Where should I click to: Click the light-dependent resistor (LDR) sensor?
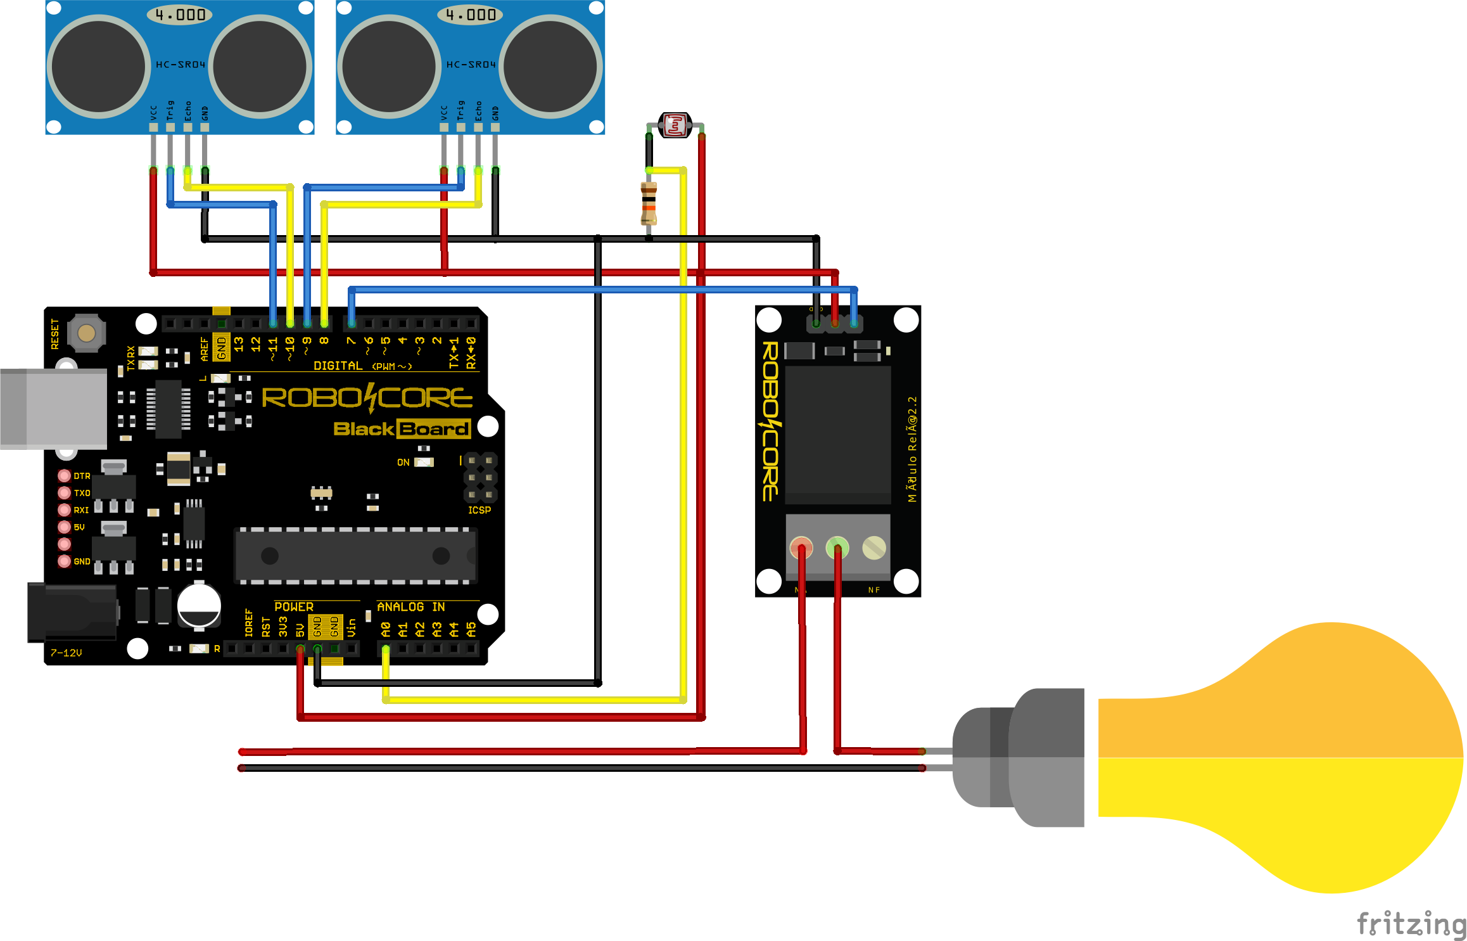coord(675,125)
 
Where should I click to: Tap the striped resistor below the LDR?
coord(649,204)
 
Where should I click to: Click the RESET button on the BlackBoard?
coord(86,333)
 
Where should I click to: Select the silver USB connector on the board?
coord(53,409)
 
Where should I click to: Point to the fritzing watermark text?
coord(1411,923)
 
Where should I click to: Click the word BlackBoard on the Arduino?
coord(402,429)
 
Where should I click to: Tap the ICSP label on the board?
coord(479,510)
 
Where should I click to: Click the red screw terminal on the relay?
coord(801,547)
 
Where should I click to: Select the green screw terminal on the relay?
coord(837,547)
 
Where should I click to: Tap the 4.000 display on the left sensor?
coord(180,15)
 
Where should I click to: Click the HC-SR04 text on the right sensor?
coord(471,65)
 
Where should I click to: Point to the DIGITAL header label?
coord(338,366)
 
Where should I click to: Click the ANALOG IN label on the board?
coord(410,606)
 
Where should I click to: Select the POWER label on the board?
coord(294,606)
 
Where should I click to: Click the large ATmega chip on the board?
coord(355,556)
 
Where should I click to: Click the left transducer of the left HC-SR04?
coord(99,66)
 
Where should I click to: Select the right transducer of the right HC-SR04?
coord(550,66)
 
